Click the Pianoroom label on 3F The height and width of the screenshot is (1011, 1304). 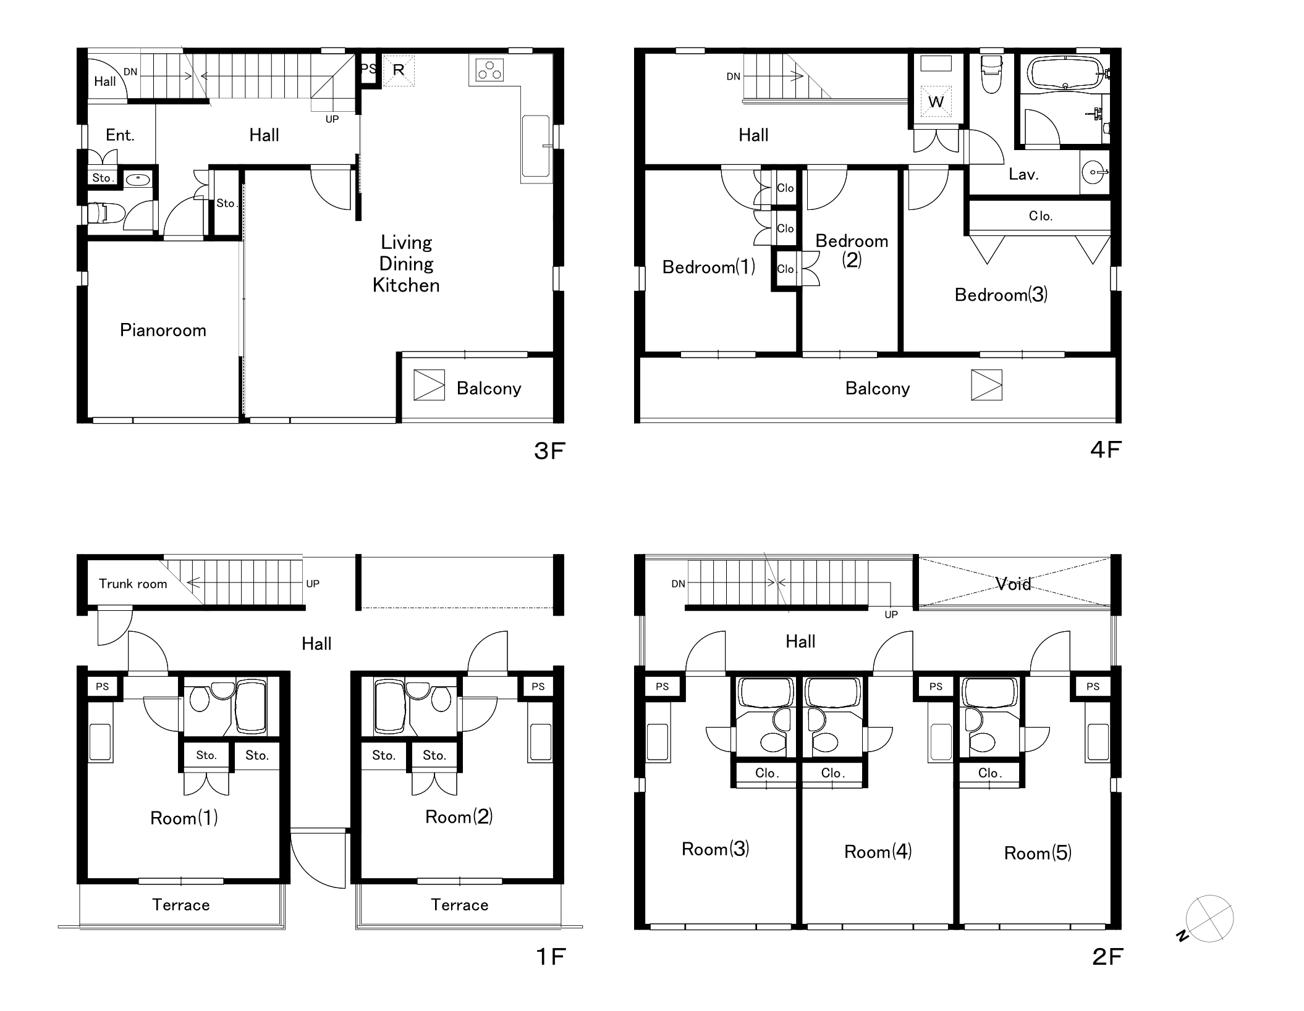coord(163,330)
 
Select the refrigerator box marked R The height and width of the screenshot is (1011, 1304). coord(399,70)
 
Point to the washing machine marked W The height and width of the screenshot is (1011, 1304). coord(936,101)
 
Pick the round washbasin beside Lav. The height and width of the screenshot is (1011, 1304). coord(1094,172)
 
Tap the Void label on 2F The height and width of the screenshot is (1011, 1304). coord(1014,584)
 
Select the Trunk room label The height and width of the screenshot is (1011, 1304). coord(133,584)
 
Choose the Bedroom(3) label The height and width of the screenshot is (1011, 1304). coord(1001,295)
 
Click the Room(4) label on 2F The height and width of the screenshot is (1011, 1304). coord(878,852)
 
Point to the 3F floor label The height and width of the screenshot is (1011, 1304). coord(549,451)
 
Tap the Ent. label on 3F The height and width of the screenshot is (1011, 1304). coord(120,135)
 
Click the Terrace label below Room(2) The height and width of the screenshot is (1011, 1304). coord(460,905)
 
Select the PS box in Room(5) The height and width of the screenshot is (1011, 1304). coord(1093,686)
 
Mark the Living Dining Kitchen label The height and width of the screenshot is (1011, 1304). coord(406,264)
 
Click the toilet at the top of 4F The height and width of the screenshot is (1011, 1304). coord(992,74)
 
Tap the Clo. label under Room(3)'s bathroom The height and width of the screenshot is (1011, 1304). coord(767,773)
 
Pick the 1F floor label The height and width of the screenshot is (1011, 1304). coord(550,957)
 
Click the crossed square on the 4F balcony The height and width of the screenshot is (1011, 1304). coord(986,385)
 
